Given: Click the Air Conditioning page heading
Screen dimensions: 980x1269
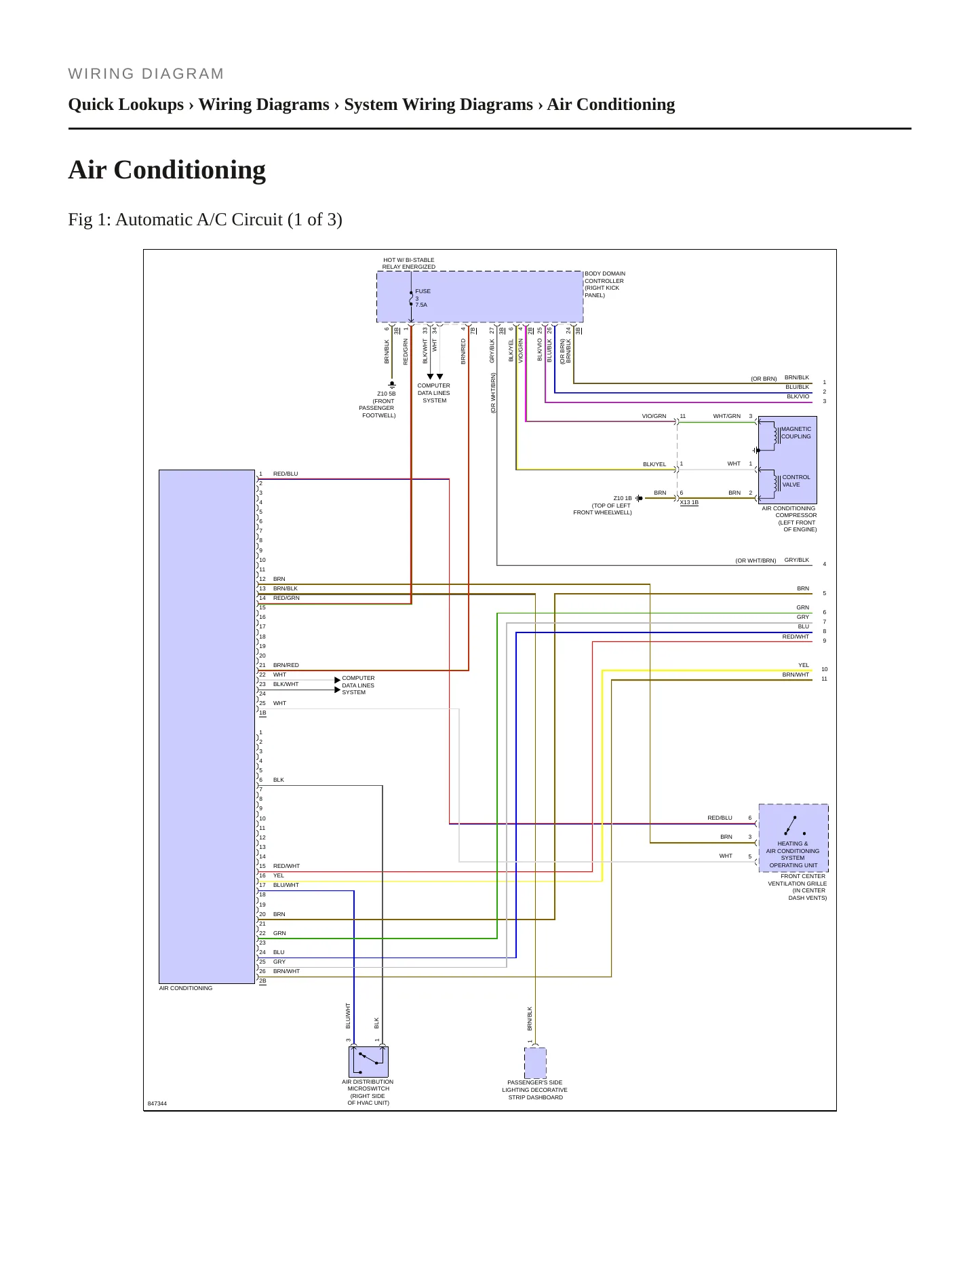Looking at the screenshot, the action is tap(167, 170).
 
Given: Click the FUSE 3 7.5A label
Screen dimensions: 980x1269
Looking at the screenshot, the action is tap(423, 298).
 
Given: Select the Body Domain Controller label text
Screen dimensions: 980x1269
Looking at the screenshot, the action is tap(605, 284).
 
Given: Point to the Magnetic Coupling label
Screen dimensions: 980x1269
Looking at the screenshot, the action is tap(796, 433).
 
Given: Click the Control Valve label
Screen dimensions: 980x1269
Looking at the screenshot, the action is tap(796, 481).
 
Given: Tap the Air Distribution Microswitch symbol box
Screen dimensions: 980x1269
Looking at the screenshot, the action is tap(368, 1062).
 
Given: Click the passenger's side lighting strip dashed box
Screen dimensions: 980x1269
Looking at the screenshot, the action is tap(535, 1063).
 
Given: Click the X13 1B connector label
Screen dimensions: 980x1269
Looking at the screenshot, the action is tap(689, 503).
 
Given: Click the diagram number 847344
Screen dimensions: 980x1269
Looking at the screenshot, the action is tap(157, 1103).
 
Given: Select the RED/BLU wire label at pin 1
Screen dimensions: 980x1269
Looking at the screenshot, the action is tap(286, 474).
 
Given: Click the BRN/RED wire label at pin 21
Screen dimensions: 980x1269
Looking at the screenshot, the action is tap(286, 665).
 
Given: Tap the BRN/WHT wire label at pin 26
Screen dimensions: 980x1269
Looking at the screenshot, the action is tap(286, 971).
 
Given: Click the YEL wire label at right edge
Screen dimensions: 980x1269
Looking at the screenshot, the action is tap(804, 665).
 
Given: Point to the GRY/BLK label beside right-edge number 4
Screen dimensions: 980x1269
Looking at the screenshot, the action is tap(797, 560).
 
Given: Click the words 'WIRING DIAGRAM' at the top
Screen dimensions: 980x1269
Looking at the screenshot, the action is tap(146, 74).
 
